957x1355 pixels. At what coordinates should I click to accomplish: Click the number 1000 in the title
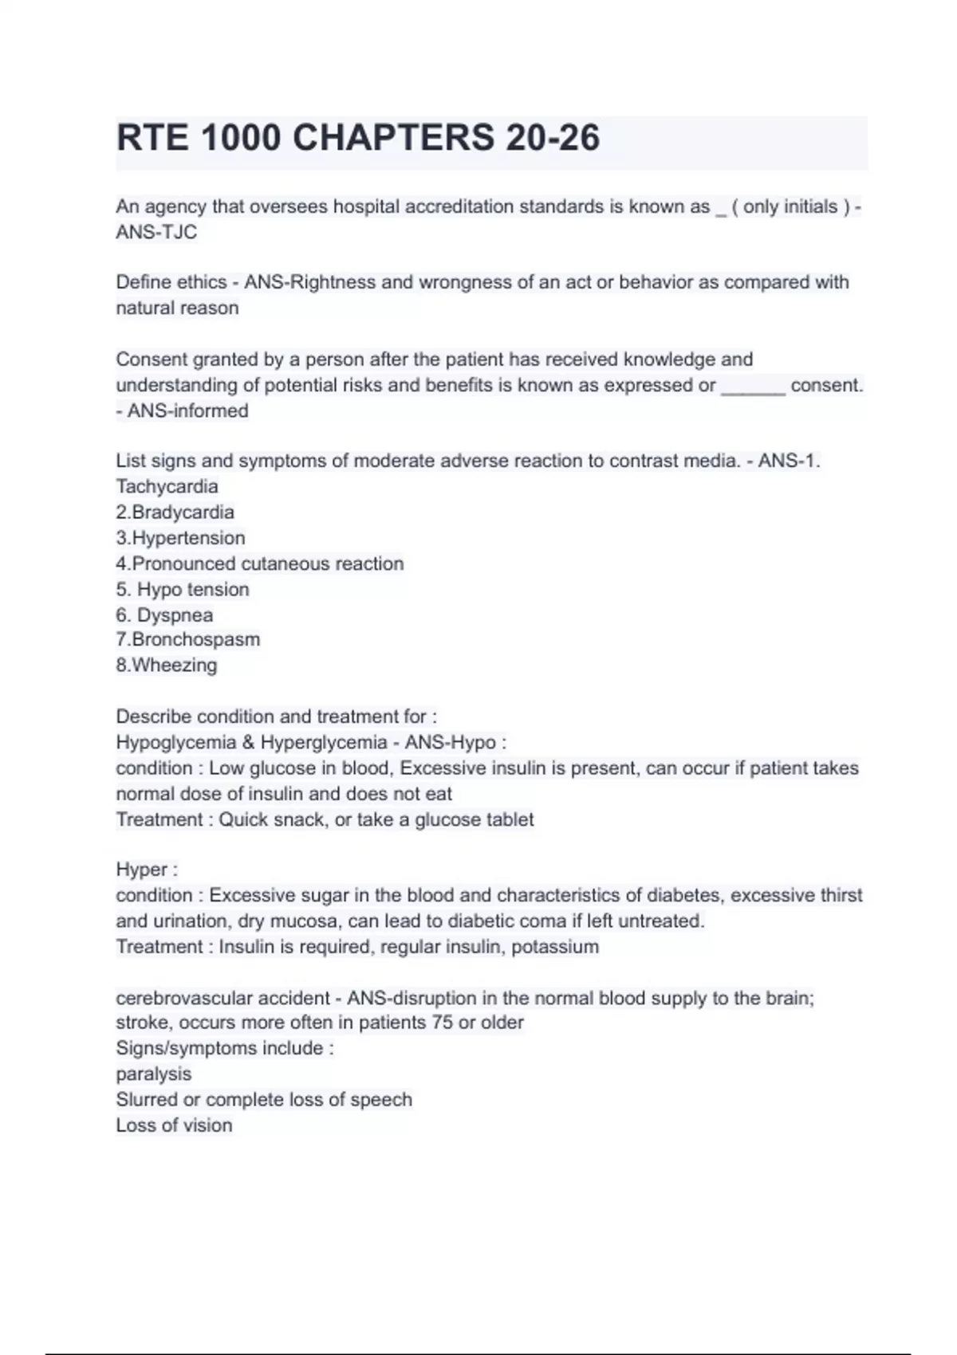[241, 138]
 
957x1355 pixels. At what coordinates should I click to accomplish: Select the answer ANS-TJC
[156, 232]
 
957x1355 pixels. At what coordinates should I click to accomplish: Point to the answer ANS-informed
[187, 410]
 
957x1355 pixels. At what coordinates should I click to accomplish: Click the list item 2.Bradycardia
[175, 512]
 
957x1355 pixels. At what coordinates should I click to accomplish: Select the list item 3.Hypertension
[180, 537]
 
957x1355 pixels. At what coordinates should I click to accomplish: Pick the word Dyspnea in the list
[175, 615]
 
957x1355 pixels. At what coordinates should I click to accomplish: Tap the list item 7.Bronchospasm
[187, 639]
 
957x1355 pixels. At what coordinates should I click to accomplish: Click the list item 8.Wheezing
[166, 665]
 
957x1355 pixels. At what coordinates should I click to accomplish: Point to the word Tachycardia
[167, 486]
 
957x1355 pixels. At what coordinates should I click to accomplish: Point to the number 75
[442, 1023]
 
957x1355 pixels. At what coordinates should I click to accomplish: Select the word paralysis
[154, 1074]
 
